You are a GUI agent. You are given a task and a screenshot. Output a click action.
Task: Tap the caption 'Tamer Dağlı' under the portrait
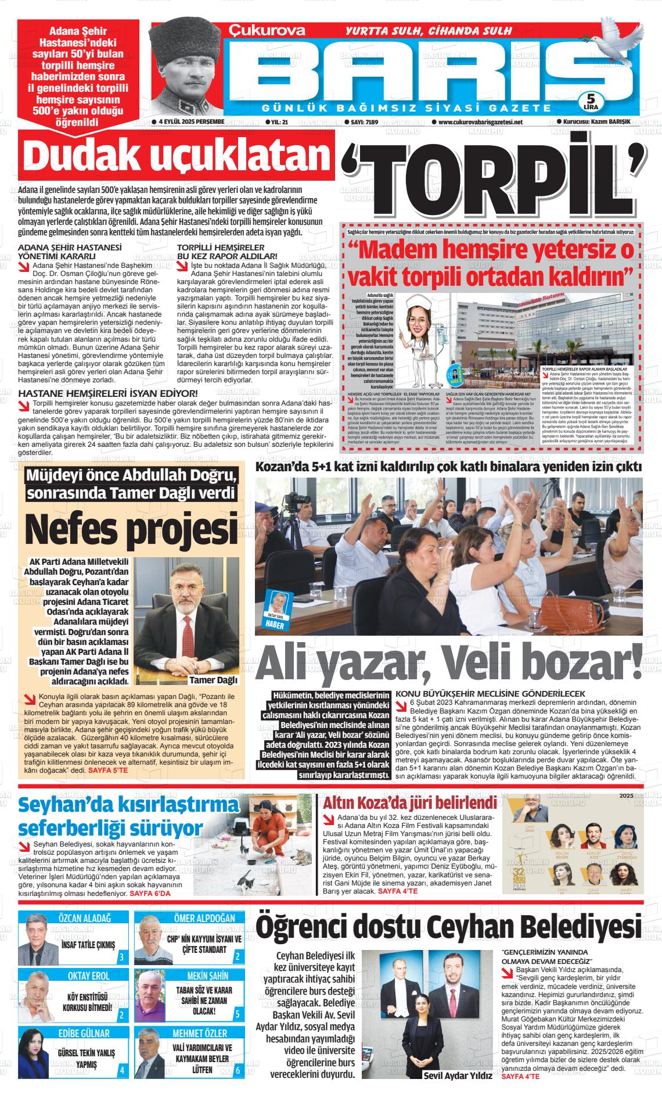point(197,680)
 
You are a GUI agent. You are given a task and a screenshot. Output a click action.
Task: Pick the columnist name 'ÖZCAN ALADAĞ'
point(85,918)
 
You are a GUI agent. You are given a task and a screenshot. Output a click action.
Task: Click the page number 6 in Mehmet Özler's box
point(238,1070)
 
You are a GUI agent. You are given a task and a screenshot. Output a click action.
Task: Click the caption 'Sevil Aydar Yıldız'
point(457,1075)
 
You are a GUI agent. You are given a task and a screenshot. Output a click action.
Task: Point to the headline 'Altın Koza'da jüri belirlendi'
point(409,804)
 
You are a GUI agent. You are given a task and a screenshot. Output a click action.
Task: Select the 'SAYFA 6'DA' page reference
point(150,892)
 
